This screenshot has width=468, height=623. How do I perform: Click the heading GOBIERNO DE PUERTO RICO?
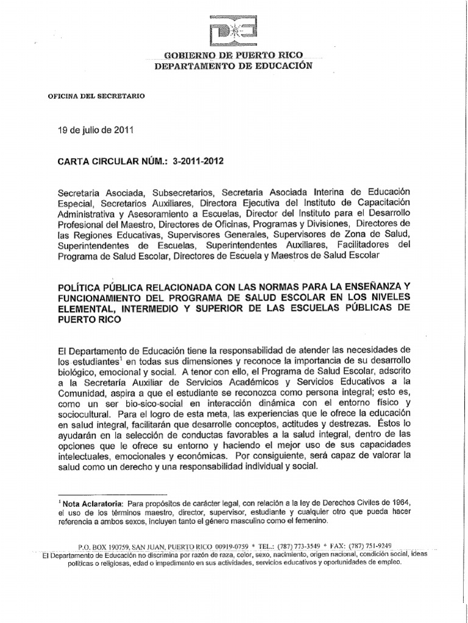(x=234, y=56)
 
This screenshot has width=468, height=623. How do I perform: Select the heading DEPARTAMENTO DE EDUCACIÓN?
(x=233, y=66)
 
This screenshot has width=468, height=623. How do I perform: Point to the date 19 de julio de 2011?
(x=91, y=130)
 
